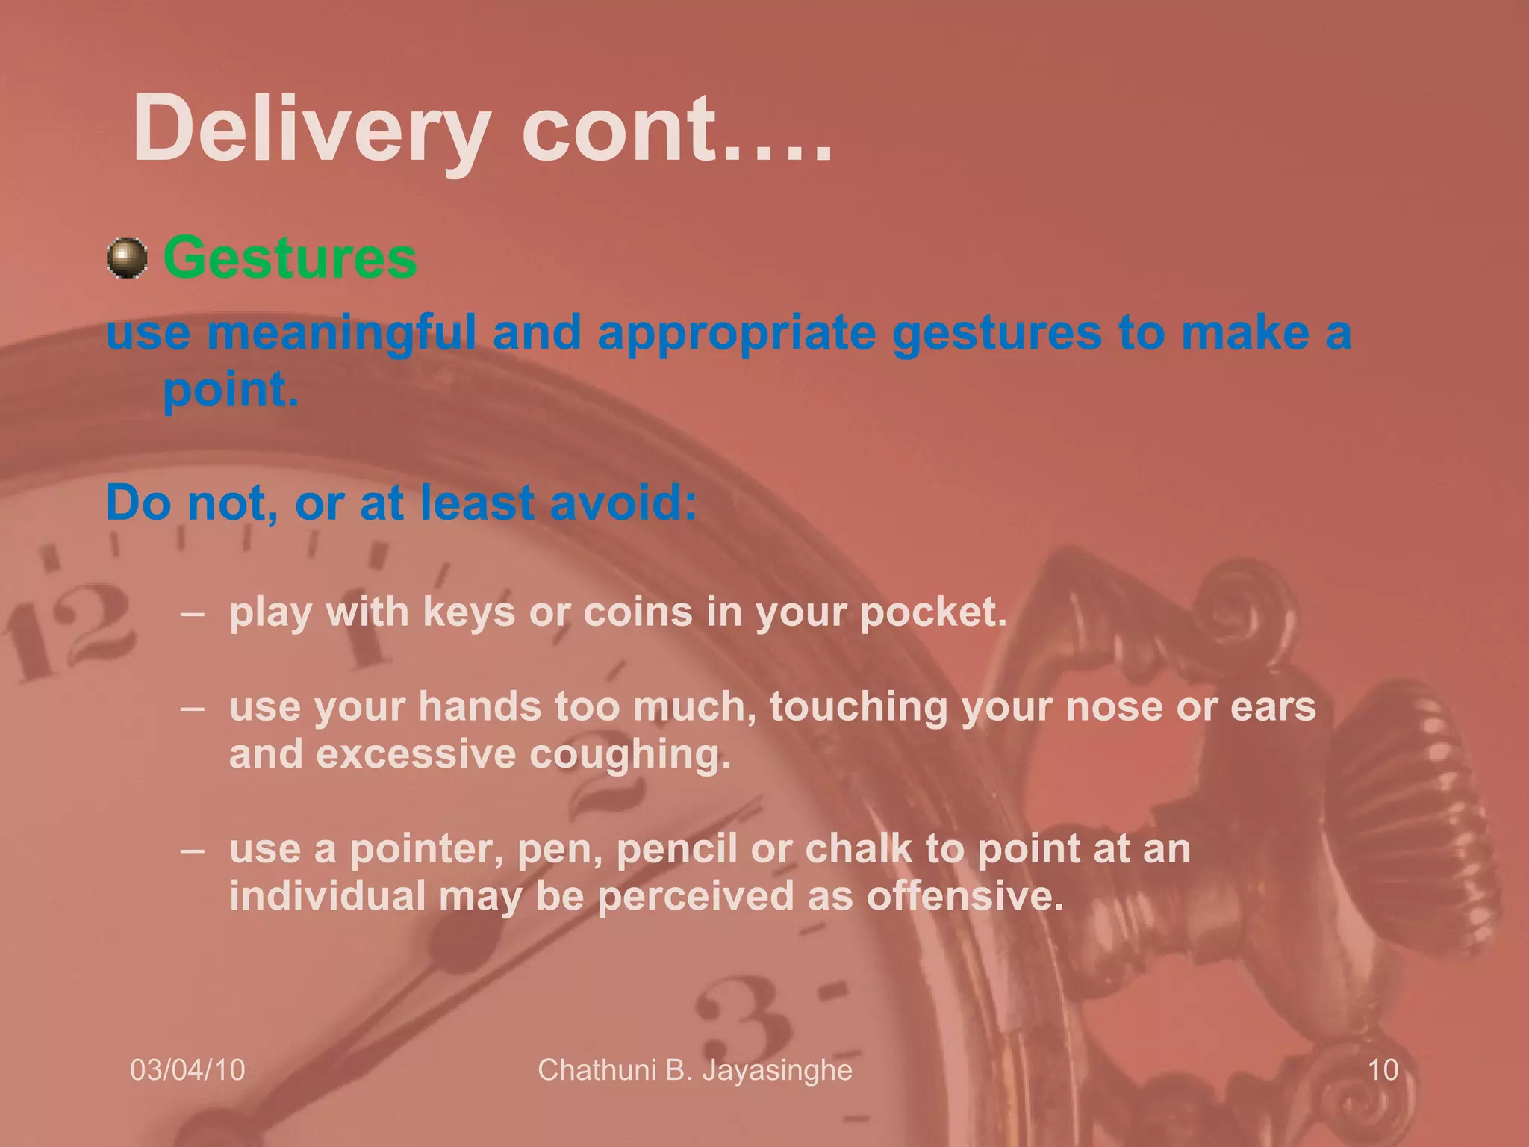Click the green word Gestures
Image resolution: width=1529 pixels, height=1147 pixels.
[290, 258]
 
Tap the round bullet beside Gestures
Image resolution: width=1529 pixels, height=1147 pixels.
[127, 258]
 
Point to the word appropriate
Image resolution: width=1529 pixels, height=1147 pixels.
[737, 333]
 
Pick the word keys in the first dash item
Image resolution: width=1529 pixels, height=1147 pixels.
[469, 612]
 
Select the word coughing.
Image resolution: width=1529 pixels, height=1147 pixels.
[630, 754]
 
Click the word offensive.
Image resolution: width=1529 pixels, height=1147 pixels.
[965, 896]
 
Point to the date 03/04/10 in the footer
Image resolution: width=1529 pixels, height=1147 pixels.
[187, 1070]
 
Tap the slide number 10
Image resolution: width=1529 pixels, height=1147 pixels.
[1383, 1070]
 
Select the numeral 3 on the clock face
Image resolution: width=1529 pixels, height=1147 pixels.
[739, 1023]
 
